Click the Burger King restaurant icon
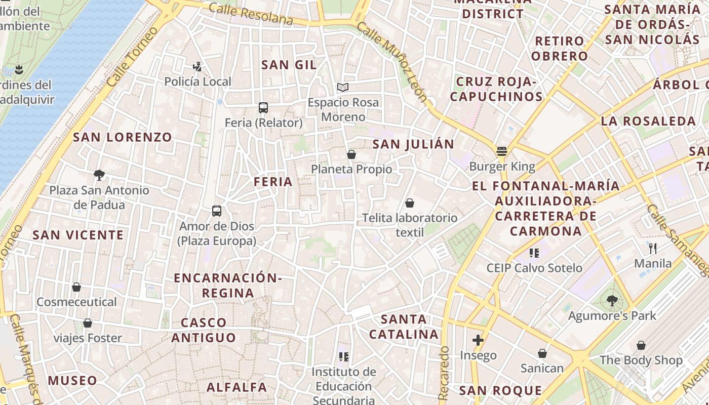502,151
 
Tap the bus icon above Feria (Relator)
263,107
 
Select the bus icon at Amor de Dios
217,211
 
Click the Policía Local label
198,82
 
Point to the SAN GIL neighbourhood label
289,65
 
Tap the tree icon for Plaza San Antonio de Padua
99,175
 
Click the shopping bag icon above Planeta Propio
351,154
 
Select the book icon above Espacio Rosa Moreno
343,87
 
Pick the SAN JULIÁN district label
413,144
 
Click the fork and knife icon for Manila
653,248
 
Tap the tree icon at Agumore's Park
612,301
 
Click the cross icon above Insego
478,340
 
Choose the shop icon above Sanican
542,353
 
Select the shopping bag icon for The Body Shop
641,345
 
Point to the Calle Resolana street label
251,14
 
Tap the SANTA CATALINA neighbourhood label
404,327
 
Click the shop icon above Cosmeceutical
76,287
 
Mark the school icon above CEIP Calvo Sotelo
534,253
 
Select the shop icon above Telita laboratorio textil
409,203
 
